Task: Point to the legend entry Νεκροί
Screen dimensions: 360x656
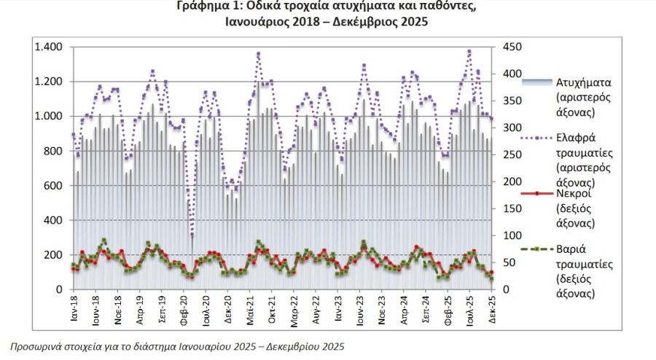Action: [573, 194]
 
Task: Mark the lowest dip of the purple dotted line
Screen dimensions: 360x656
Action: [192, 235]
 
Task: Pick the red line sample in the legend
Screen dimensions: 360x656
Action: [536, 194]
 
